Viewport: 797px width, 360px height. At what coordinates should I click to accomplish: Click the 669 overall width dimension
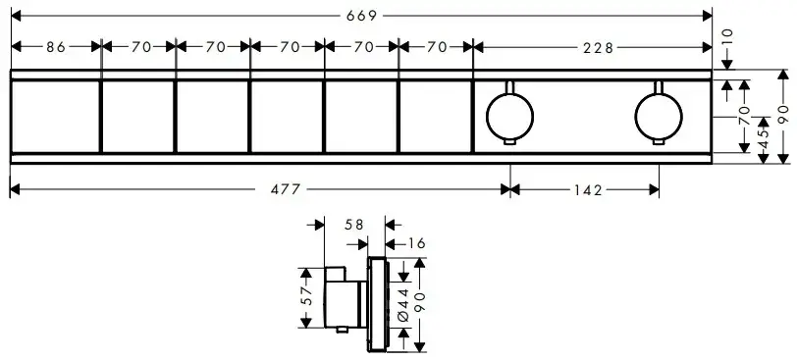361,16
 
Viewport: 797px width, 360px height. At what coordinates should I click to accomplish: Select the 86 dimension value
56,47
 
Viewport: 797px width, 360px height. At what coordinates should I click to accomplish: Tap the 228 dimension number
599,48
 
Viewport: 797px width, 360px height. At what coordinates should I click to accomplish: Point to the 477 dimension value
286,190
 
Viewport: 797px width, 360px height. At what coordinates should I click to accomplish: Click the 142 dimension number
588,190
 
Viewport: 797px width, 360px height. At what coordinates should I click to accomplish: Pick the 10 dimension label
727,37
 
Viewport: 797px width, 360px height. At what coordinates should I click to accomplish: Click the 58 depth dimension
353,225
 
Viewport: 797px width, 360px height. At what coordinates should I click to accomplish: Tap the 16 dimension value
416,244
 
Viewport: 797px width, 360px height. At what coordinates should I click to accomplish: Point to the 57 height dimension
306,297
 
